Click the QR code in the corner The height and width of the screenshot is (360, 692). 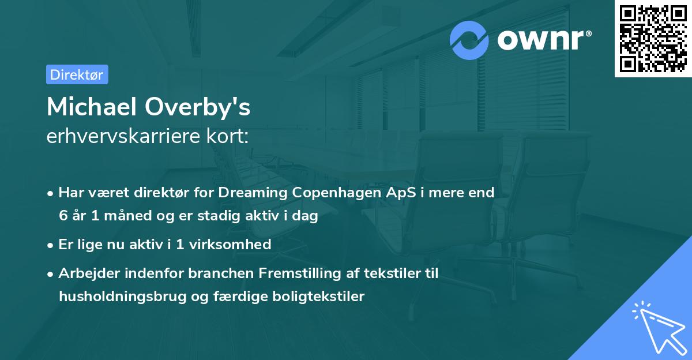[x=653, y=39]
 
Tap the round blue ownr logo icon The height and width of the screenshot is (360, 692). [x=469, y=40]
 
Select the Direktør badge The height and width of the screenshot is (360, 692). [x=77, y=74]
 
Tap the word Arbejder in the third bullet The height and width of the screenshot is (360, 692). [x=84, y=273]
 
